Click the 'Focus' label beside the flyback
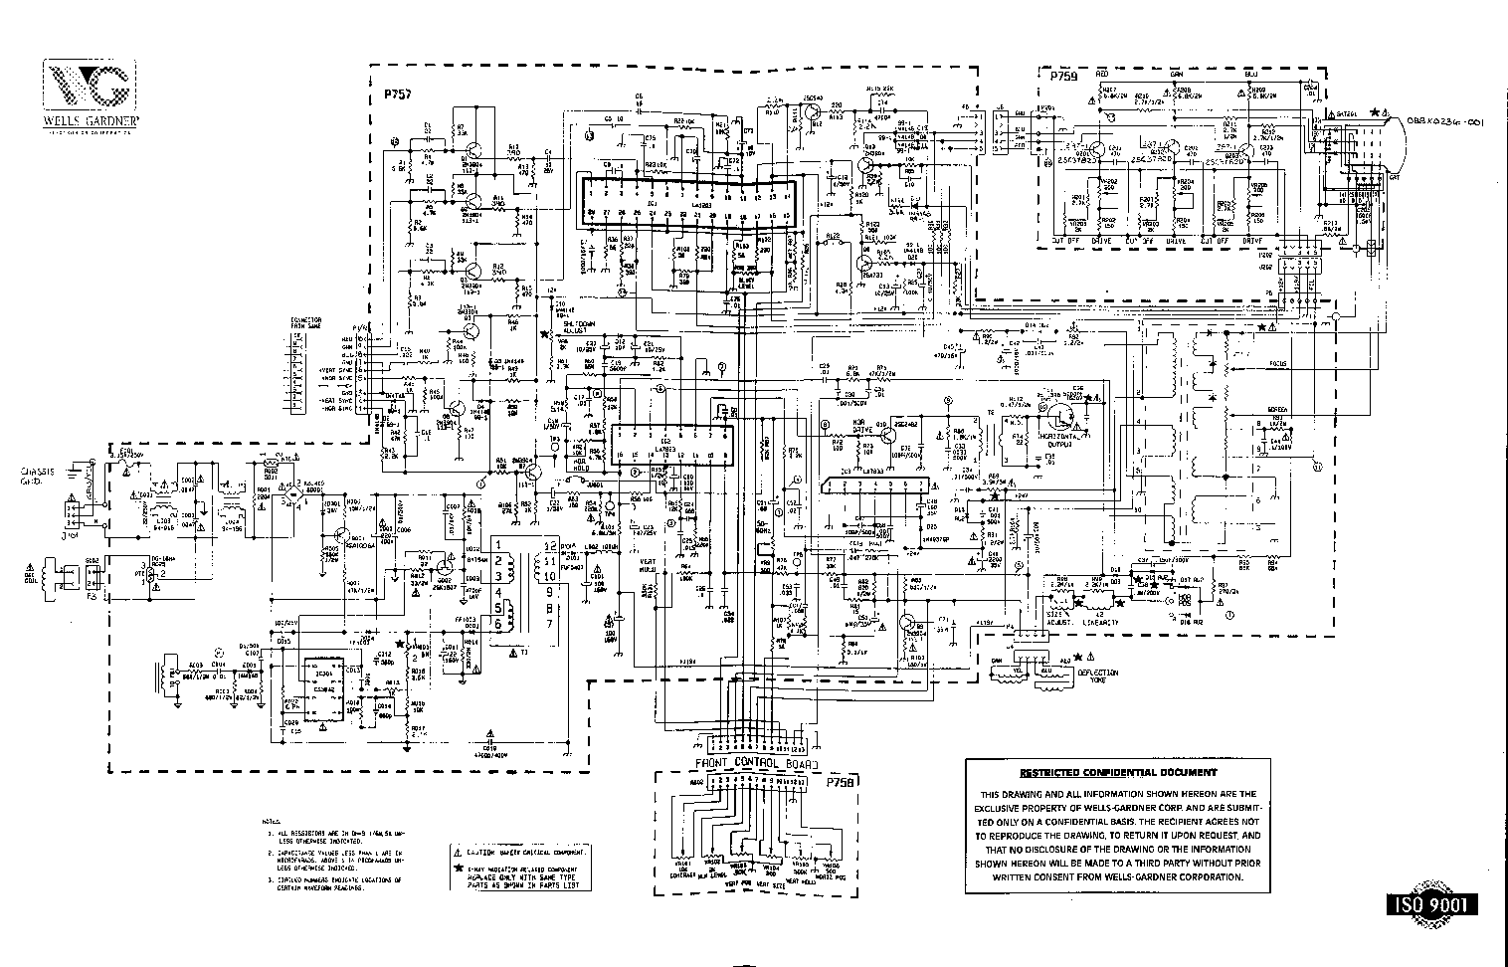pyautogui.click(x=1276, y=364)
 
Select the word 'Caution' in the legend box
pyautogui.click(x=482, y=854)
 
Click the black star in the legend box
pyautogui.click(x=458, y=870)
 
